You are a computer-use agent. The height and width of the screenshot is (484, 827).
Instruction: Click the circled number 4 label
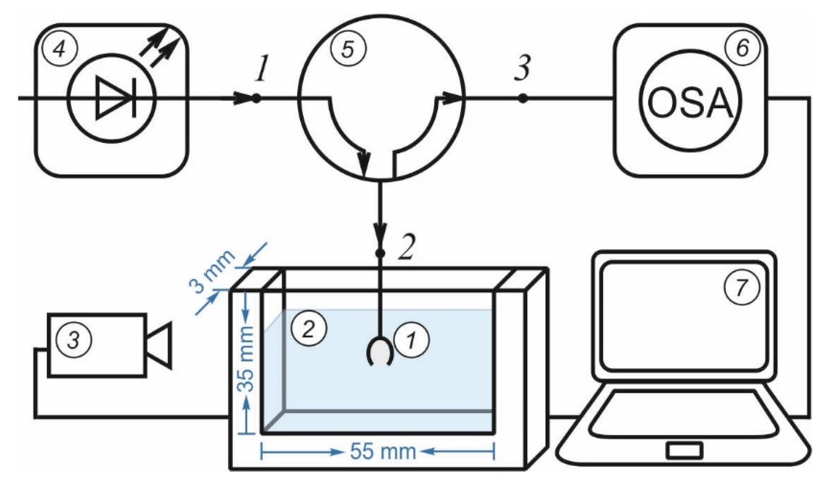click(60, 50)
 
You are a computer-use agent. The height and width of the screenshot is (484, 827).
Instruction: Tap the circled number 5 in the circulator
click(348, 49)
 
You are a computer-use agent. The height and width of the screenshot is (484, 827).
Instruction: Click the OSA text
click(690, 103)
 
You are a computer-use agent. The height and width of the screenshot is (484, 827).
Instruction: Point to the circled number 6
click(743, 48)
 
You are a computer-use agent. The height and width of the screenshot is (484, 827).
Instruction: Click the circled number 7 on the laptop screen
click(742, 287)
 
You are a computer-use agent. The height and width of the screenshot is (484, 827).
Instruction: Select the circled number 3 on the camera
click(74, 339)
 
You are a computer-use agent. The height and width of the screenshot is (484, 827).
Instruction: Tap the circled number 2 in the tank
click(309, 328)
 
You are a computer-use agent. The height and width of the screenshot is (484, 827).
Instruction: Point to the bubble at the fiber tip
click(380, 352)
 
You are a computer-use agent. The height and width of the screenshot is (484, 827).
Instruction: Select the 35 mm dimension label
click(246, 358)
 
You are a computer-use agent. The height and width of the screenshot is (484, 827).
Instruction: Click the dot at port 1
click(255, 99)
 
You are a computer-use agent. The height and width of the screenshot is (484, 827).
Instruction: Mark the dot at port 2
click(380, 253)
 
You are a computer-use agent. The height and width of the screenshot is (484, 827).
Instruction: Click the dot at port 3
click(522, 99)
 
